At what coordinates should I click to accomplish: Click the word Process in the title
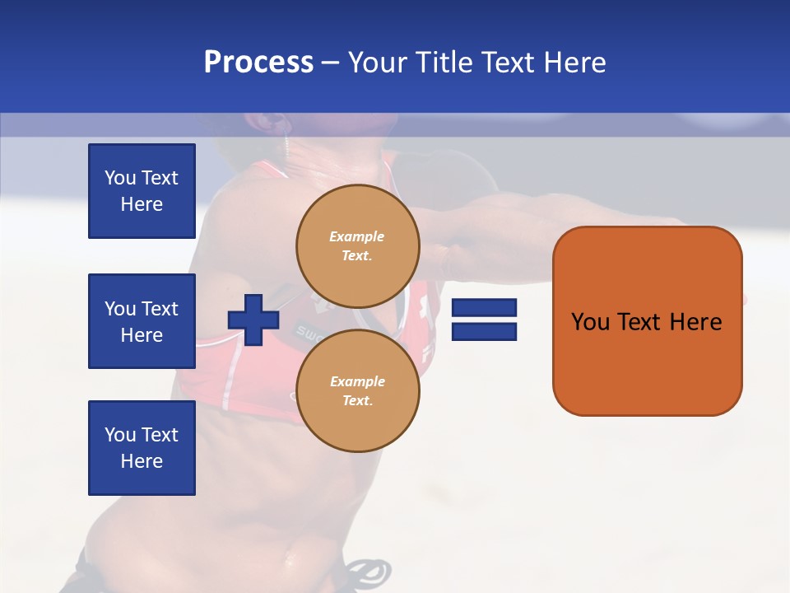pos(258,63)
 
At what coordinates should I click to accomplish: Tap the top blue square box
pos(142,191)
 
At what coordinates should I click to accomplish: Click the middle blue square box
pos(142,321)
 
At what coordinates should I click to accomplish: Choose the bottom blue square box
pos(142,447)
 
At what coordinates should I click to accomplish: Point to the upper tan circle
pos(358,245)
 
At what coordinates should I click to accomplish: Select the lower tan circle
pos(358,391)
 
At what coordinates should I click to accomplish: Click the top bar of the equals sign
pos(485,308)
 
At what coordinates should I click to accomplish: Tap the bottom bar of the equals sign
pos(485,332)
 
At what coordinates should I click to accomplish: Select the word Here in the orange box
pos(695,322)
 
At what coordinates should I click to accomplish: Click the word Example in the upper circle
pos(357,236)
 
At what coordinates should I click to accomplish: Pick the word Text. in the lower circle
pos(357,401)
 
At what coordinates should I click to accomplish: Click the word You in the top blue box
pos(120,178)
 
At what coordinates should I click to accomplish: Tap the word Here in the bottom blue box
pos(142,461)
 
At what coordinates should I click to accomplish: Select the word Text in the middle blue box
pos(160,309)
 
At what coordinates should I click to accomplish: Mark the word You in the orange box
pos(591,322)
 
